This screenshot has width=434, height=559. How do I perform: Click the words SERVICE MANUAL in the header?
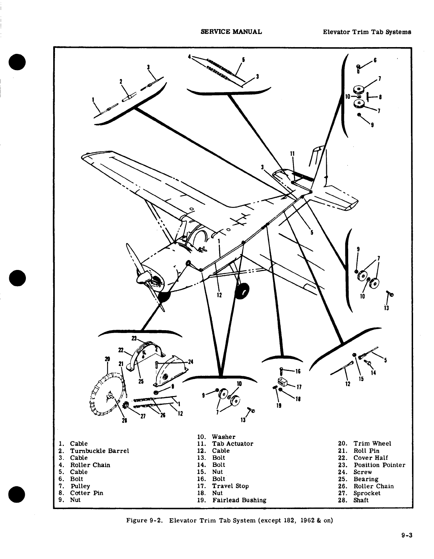pos(231,32)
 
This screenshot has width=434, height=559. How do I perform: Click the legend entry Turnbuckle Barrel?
pos(99,451)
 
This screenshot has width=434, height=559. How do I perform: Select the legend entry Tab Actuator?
pos(233,444)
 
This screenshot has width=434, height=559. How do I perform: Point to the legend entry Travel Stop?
pos(230,486)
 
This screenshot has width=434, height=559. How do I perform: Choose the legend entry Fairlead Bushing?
pos(239,500)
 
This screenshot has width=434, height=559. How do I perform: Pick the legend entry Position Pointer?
pos(379,465)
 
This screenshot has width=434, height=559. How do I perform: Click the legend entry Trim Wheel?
pos(372,444)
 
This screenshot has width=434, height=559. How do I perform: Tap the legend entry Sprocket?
pos(367,493)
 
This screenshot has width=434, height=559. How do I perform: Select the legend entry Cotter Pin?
pos(87,493)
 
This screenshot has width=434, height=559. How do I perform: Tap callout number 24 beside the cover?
pos(190,362)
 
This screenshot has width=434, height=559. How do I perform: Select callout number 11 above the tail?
pos(293,154)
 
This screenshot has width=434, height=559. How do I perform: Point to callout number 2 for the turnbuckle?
pos(121,81)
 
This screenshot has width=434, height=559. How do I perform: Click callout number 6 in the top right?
pos(375,60)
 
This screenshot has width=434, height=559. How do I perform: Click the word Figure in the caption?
pos(136,521)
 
